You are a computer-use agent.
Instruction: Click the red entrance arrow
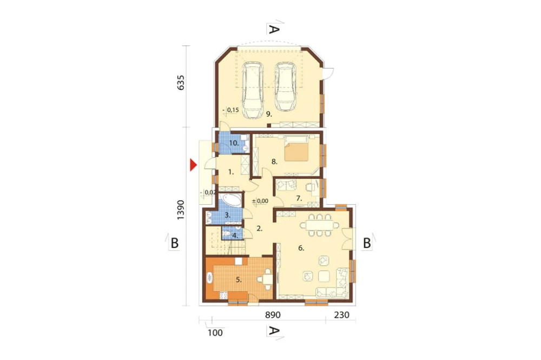[193, 165]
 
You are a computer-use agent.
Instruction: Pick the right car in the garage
[286, 86]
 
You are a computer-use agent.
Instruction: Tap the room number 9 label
[268, 114]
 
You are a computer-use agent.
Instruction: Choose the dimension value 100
[215, 332]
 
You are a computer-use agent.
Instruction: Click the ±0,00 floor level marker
[260, 201]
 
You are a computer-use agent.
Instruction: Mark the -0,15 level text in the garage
[231, 110]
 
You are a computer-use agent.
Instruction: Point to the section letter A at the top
[274, 30]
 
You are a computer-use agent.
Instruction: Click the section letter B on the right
[366, 243]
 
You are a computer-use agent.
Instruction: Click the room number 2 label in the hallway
[259, 229]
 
